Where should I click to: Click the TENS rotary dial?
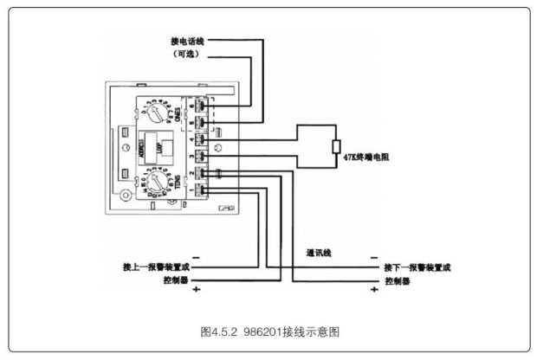158,183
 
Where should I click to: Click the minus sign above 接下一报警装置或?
373,257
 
